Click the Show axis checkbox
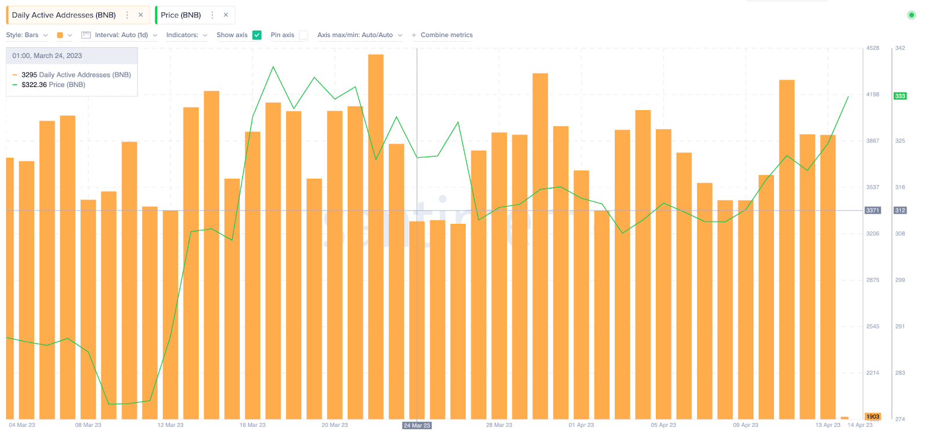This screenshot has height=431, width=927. (x=257, y=35)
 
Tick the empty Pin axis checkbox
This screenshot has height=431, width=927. (x=304, y=35)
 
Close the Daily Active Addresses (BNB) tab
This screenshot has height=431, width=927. (x=141, y=15)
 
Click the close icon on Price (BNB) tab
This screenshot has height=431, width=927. (x=226, y=15)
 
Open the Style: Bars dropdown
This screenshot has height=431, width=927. (x=27, y=35)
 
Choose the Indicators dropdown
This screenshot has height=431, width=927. (x=187, y=35)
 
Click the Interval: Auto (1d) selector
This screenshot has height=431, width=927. (x=121, y=35)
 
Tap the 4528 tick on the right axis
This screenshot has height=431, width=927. (x=873, y=48)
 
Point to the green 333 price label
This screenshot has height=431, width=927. (x=900, y=96)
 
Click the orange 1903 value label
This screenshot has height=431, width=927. (x=873, y=416)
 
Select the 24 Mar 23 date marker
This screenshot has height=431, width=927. (x=417, y=425)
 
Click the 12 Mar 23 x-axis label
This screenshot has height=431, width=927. (x=170, y=425)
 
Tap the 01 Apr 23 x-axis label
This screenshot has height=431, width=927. (x=581, y=425)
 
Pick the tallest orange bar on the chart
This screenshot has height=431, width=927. (x=375, y=232)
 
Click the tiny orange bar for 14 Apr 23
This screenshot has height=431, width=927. (x=845, y=418)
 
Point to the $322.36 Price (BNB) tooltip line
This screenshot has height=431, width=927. (x=53, y=85)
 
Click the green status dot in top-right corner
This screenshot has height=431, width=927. (x=911, y=15)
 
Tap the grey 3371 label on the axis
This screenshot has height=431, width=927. (x=873, y=211)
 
